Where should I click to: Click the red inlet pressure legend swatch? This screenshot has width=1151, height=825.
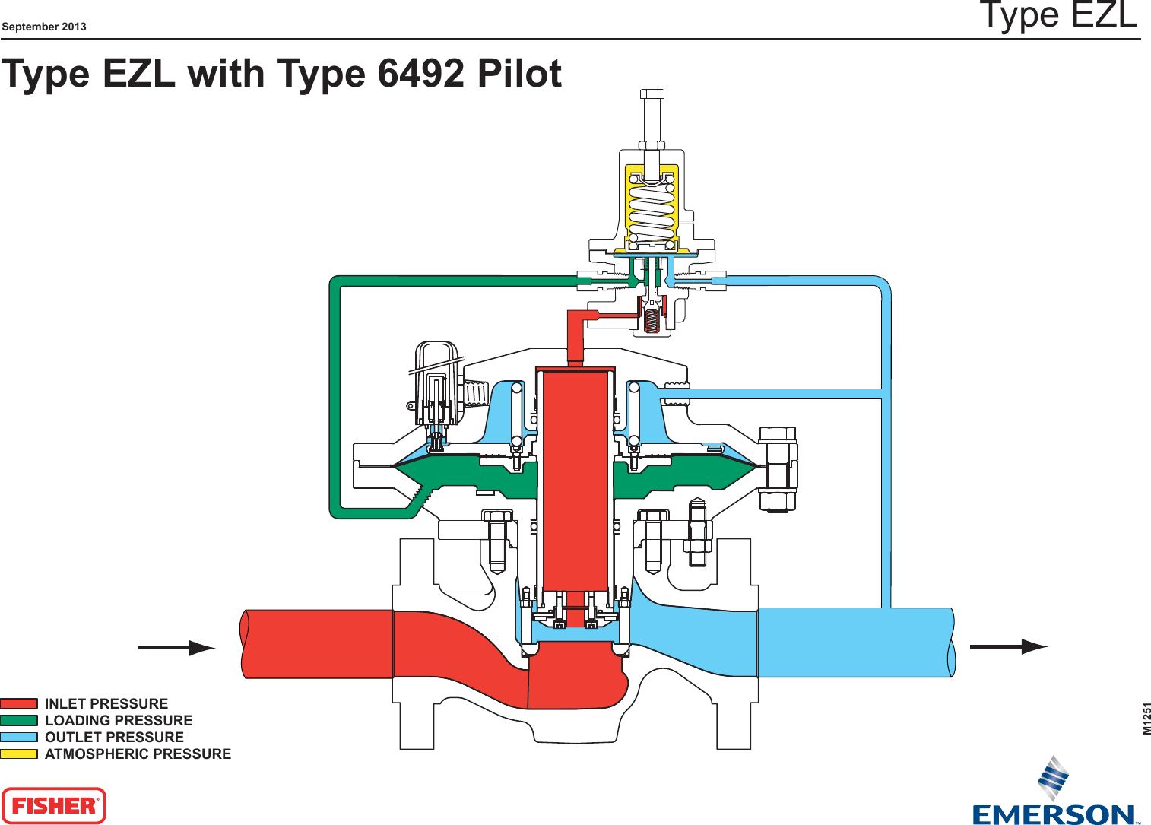click(19, 703)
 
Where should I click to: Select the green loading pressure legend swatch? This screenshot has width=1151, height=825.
click(19, 720)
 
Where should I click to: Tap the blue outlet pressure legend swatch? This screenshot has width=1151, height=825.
click(19, 737)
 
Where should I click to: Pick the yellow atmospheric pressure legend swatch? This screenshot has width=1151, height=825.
click(19, 754)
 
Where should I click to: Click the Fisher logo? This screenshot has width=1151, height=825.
click(54, 806)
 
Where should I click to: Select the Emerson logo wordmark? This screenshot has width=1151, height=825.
click(1053, 815)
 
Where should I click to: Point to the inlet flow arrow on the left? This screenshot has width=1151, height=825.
click(176, 648)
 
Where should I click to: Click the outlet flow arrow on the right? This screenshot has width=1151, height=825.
click(1009, 646)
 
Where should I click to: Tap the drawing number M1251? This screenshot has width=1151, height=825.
click(1146, 719)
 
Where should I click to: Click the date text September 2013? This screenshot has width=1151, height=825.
click(44, 27)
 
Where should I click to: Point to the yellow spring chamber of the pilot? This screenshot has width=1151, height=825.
click(652, 205)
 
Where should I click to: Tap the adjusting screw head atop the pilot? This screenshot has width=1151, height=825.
click(652, 94)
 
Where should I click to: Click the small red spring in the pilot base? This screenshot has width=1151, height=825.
click(652, 319)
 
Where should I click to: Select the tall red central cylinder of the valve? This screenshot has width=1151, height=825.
click(575, 479)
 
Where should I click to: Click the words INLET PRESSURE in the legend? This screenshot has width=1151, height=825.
click(106, 703)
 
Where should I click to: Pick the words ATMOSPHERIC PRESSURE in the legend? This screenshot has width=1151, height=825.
click(138, 754)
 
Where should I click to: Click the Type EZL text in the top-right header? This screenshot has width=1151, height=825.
click(1058, 15)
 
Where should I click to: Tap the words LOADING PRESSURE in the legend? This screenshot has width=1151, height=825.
click(119, 720)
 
